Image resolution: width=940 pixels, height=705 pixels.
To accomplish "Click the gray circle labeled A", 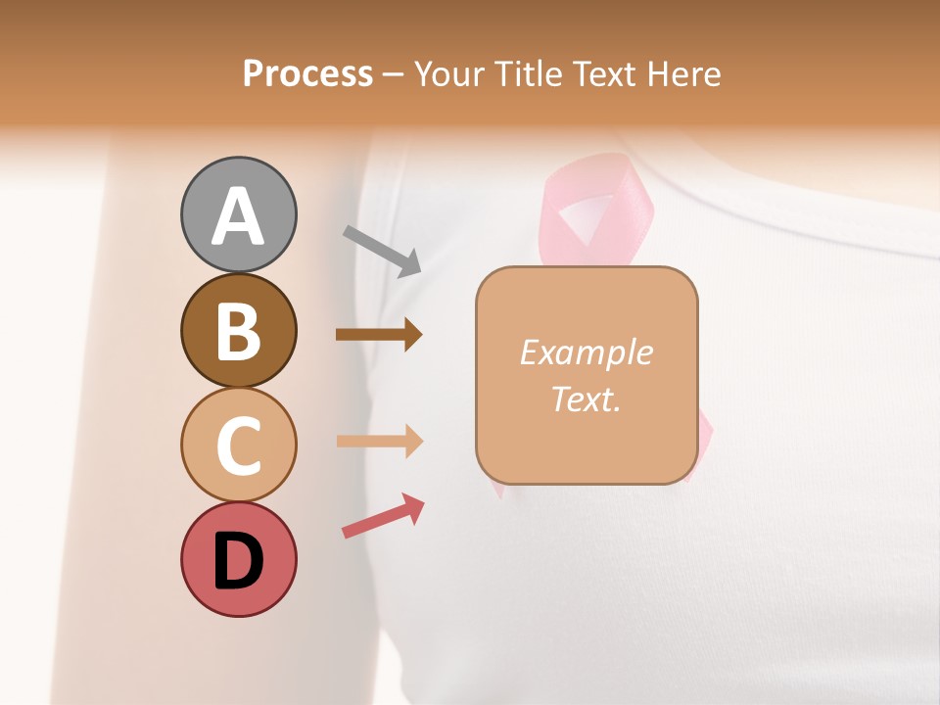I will pos(238,214).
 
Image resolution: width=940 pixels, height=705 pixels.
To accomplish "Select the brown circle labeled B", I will pos(238,330).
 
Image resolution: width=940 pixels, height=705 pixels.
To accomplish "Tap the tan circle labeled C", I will pos(238,445).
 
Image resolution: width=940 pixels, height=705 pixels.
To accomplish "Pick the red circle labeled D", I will pos(238,559).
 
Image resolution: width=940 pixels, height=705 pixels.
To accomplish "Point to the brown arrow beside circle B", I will pos(379,335).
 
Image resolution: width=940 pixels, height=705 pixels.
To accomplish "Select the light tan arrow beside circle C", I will pos(379,442).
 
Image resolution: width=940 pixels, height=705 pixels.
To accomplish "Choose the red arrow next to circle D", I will pos(383,516).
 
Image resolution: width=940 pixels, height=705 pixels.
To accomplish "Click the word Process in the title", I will pos(307,73).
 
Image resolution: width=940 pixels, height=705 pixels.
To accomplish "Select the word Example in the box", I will pos(586,352).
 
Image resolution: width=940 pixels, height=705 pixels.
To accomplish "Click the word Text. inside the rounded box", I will pos(586,399).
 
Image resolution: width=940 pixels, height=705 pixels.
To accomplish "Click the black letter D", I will pos(238,561).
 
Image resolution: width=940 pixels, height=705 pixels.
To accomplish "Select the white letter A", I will pos(238,216).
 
